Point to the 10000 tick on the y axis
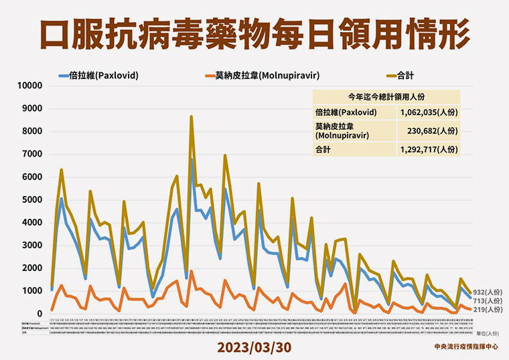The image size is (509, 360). pos(29,86)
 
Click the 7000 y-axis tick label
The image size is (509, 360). pos(32,155)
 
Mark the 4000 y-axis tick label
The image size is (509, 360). pos(32,223)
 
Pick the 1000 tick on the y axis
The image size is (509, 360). pos(32,291)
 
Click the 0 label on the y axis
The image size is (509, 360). pos(40,314)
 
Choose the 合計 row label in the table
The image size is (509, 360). pos(323,150)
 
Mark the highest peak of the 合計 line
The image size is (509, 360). pos(191,117)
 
